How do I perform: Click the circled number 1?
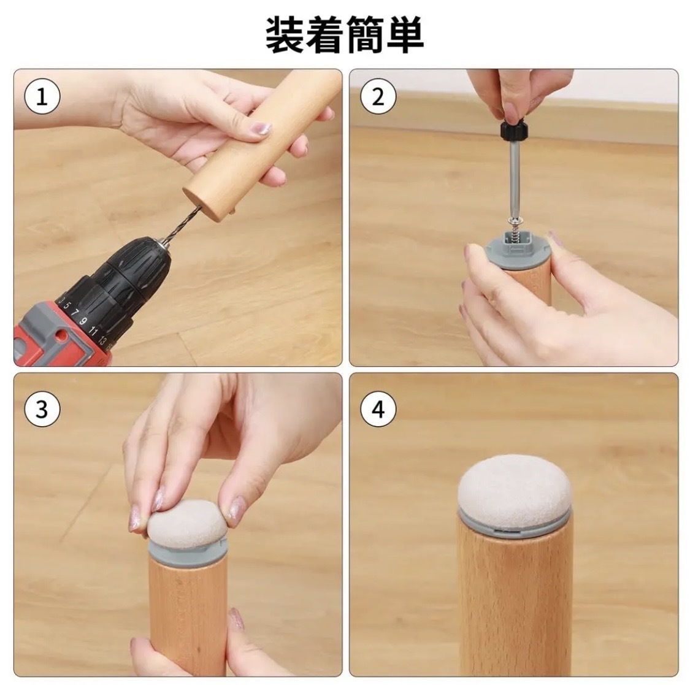coord(42,96)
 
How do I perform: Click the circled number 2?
coord(378,96)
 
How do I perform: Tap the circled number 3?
coord(42,409)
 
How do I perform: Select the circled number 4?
coord(378,409)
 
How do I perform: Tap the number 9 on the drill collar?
coord(82,321)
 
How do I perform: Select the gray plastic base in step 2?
coord(516,251)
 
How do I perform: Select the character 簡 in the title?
coord(365,34)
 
